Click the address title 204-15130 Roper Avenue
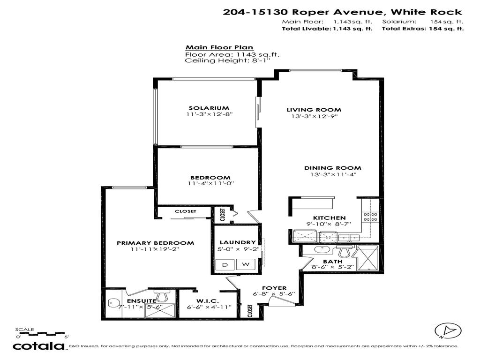[x=343, y=12]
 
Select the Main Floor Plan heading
[x=219, y=47]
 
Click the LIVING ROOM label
[x=314, y=110]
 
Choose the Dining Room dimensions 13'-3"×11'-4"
[x=333, y=174]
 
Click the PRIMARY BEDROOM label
[x=155, y=243]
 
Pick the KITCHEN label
[x=329, y=217]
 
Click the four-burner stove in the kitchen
[x=371, y=217]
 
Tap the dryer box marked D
[x=225, y=265]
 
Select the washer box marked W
[x=245, y=265]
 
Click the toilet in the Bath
[x=345, y=252]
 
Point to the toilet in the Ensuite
[x=163, y=295]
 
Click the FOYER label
[x=271, y=288]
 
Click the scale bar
[x=42, y=335]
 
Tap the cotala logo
[x=39, y=346]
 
